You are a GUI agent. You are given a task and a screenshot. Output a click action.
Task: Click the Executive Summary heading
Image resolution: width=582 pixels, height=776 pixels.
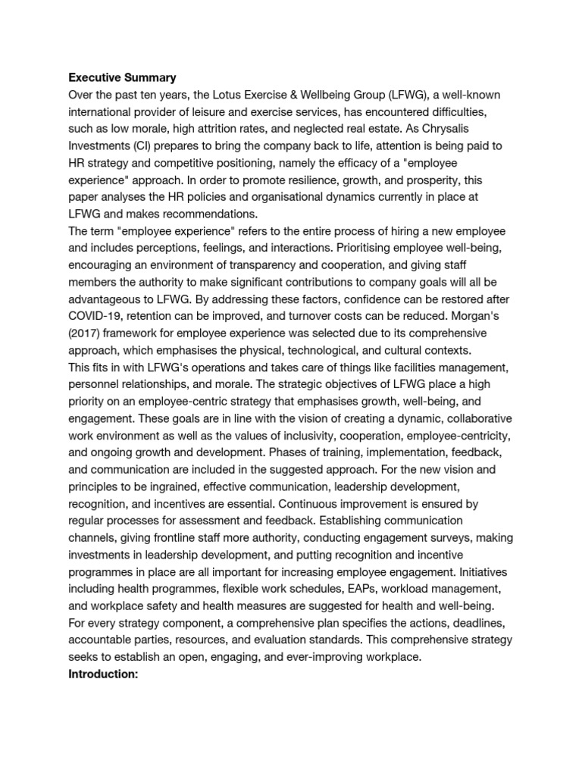coord(122,77)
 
